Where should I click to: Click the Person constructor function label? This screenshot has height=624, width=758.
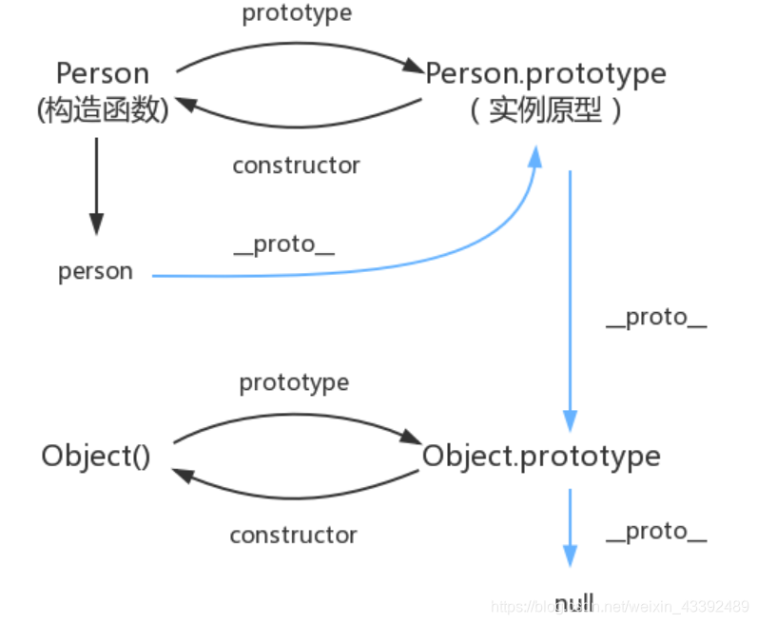(103, 73)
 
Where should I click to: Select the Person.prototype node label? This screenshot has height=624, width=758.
(545, 73)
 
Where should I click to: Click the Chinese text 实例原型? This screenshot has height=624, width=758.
(545, 111)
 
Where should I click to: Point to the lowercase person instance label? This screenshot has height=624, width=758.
(95, 271)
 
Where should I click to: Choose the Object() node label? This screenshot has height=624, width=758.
(96, 456)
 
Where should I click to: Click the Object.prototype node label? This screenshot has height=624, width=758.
(541, 456)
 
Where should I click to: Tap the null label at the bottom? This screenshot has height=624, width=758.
(573, 601)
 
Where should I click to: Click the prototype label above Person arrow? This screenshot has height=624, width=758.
(297, 13)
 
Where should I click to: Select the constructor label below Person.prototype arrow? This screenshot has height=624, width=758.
(296, 166)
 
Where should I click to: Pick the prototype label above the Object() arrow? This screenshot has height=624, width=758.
(294, 382)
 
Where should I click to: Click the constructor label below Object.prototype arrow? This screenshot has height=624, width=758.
(293, 536)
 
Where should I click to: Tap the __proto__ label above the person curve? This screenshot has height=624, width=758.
(284, 245)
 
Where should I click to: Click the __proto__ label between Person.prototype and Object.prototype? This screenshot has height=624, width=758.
(655, 318)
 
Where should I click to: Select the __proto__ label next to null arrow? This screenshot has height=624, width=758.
(655, 532)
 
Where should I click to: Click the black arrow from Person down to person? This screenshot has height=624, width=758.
(95, 185)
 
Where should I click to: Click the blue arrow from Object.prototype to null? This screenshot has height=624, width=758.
(570, 528)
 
